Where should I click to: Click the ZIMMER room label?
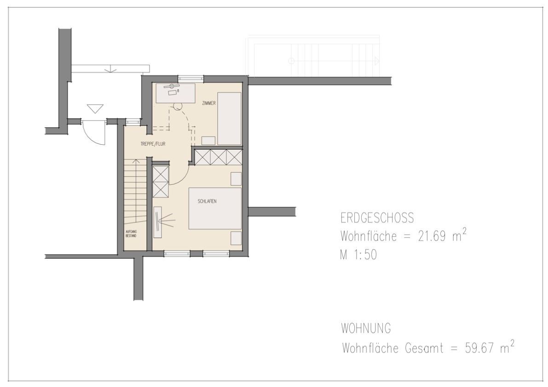[209, 103]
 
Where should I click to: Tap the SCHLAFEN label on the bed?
[207, 201]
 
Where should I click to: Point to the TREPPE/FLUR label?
[153, 144]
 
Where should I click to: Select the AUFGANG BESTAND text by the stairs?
[131, 234]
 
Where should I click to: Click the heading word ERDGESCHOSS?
[377, 218]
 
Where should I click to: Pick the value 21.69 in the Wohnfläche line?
[432, 237]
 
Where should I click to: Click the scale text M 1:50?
[358, 255]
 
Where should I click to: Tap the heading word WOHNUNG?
[366, 329]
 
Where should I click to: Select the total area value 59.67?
[479, 348]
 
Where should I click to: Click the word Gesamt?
[424, 348]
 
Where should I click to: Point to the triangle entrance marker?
[95, 109]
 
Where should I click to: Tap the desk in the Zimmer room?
[175, 93]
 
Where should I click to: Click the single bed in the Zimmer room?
[229, 119]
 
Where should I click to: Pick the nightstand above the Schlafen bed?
[236, 179]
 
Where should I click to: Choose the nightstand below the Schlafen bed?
[236, 238]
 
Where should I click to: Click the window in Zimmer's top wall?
[191, 79]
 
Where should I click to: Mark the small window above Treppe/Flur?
[133, 122]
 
